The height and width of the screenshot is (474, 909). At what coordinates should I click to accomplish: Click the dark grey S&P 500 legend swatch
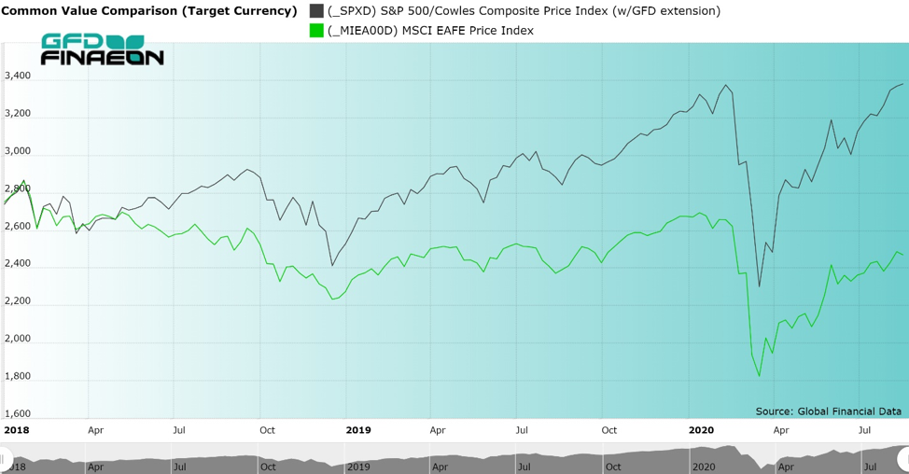tap(316, 11)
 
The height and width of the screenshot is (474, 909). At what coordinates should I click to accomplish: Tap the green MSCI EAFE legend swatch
tap(316, 30)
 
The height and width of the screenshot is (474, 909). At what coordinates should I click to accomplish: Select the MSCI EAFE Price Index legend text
tap(468, 30)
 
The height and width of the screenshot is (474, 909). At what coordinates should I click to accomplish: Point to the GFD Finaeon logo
tap(102, 49)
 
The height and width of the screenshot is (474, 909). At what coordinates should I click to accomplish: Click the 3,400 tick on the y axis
tap(18, 76)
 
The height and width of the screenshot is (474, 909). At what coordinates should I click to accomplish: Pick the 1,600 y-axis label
tap(18, 413)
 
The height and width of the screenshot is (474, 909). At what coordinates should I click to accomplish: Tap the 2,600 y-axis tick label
tap(18, 226)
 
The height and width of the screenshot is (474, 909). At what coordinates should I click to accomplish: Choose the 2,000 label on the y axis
tap(18, 339)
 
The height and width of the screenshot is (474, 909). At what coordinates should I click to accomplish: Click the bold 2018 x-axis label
tap(16, 430)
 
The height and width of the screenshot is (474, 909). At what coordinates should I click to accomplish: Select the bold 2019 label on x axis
tap(358, 430)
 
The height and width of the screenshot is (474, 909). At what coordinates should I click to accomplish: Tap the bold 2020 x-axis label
tap(702, 430)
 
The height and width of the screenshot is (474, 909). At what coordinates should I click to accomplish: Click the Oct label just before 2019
tap(267, 430)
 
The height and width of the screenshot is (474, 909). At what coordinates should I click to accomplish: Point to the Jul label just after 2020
tap(864, 430)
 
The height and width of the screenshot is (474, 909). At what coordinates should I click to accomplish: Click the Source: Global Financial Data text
tap(829, 411)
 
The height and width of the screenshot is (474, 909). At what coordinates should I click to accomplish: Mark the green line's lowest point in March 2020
tap(759, 376)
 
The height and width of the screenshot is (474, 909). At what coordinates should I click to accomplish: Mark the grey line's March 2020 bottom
tap(759, 286)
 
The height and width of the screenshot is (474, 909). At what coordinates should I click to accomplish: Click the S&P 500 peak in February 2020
tap(725, 85)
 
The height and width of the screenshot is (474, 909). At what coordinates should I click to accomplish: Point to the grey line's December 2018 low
tap(332, 265)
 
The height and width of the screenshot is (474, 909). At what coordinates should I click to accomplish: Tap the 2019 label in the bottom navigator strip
tap(359, 467)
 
